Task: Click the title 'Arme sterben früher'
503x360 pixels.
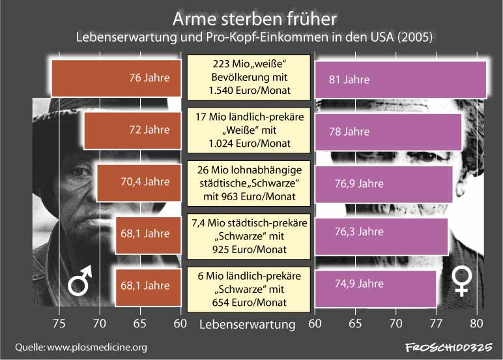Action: point(251,16)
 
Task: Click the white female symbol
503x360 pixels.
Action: point(463,282)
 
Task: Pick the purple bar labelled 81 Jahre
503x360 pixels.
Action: point(400,80)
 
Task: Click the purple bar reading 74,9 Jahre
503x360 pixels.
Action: point(375,286)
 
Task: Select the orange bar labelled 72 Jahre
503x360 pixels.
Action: point(132,130)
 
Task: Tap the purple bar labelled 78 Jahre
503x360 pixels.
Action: point(388,132)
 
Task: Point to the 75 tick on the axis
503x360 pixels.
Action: point(59,323)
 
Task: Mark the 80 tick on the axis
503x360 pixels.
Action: point(477,323)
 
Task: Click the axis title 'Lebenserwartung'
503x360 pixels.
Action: point(247,323)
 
